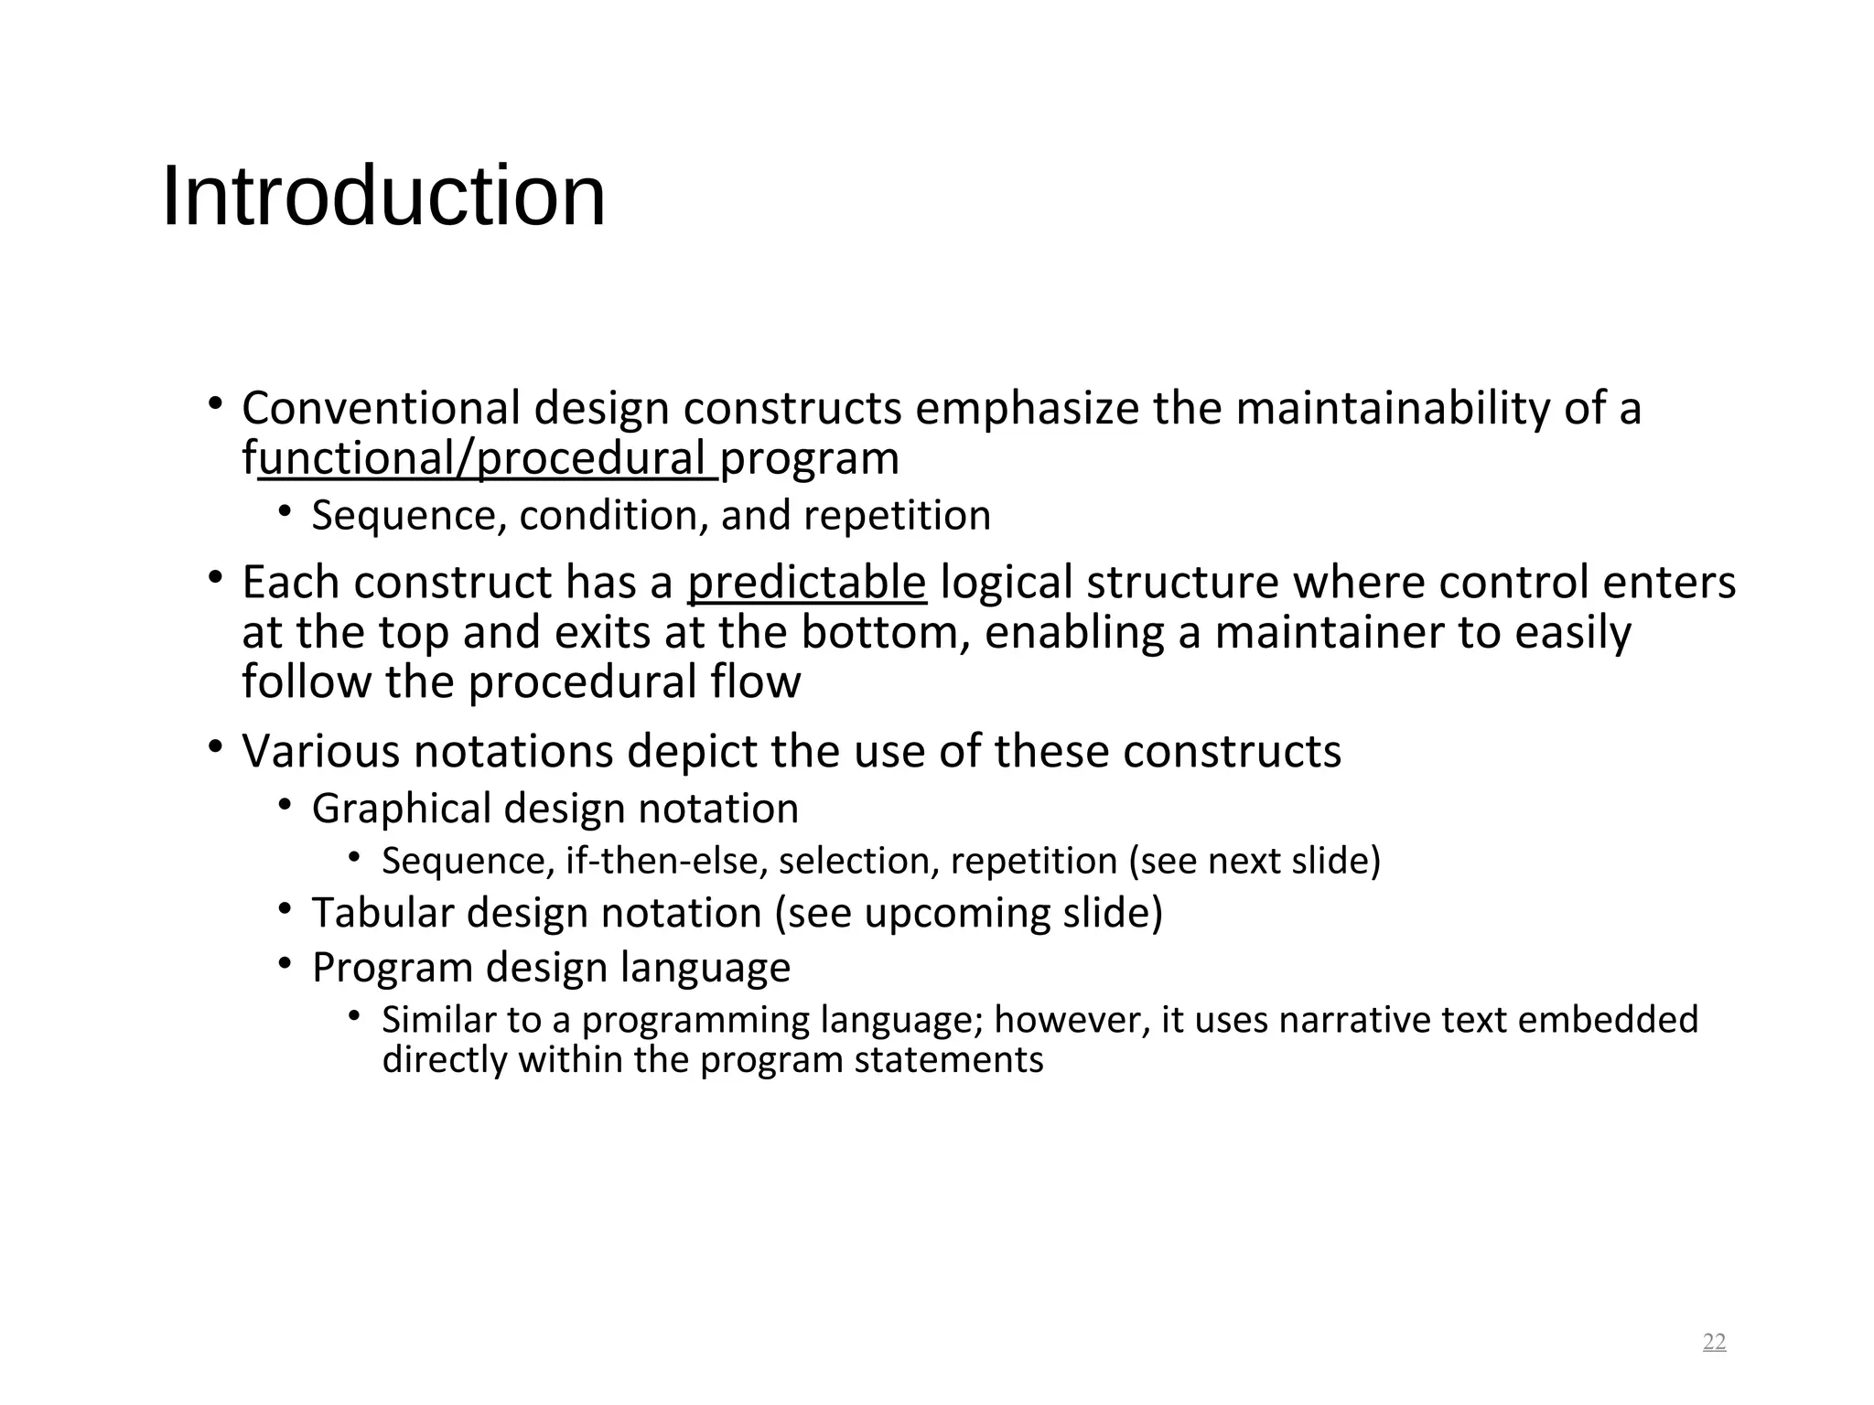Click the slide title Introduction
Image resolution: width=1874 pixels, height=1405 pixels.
pyautogui.click(x=383, y=197)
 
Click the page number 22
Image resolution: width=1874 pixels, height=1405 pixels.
pyautogui.click(x=1714, y=1342)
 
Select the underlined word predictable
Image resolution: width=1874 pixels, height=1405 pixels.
pyautogui.click(x=807, y=583)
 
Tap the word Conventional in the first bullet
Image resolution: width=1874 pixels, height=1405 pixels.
pyautogui.click(x=381, y=408)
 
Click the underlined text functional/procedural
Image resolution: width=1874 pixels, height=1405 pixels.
pyautogui.click(x=485, y=458)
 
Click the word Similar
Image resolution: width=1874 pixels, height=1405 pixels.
pyautogui.click(x=430, y=1019)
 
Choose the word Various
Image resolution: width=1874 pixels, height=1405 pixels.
pyautogui.click(x=321, y=751)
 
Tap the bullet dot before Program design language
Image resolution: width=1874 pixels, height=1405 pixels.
pyautogui.click(x=285, y=963)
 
